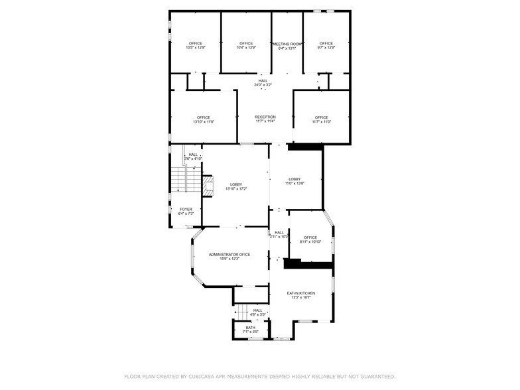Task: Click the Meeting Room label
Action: point(288,44)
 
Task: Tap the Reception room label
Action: point(265,117)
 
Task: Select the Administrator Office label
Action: point(229,255)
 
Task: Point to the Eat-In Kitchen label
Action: point(300,293)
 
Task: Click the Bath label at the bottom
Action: point(250,327)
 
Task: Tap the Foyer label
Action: point(186,210)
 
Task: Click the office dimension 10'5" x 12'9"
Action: point(195,48)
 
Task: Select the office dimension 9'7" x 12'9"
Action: point(326,48)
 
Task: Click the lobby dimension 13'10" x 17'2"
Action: point(235,189)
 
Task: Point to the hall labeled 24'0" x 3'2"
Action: point(263,85)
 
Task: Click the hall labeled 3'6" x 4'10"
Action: point(192,159)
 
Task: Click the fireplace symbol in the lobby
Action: point(208,186)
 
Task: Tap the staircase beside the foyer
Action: point(178,179)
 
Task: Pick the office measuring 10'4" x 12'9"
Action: point(246,48)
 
